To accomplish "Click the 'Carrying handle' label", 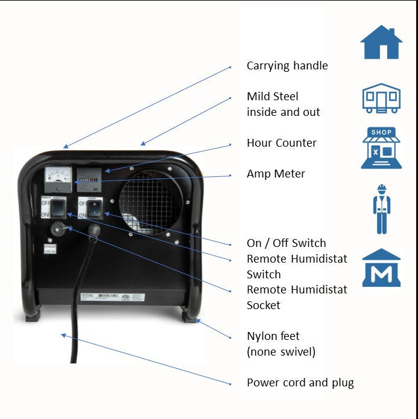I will [x=287, y=66].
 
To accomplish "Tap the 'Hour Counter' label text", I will [x=281, y=143].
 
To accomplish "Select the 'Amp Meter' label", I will [x=276, y=174].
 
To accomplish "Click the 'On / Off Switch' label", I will [x=286, y=243].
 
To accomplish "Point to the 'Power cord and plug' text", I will [x=300, y=383].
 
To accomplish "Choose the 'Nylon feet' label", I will [x=273, y=336].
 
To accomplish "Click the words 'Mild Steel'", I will [x=272, y=97].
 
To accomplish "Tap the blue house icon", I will [x=381, y=42].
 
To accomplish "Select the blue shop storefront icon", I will [x=381, y=147].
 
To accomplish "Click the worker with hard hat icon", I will [x=381, y=209].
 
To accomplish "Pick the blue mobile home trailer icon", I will [x=381, y=98].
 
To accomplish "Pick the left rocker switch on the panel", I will [x=56, y=208].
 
